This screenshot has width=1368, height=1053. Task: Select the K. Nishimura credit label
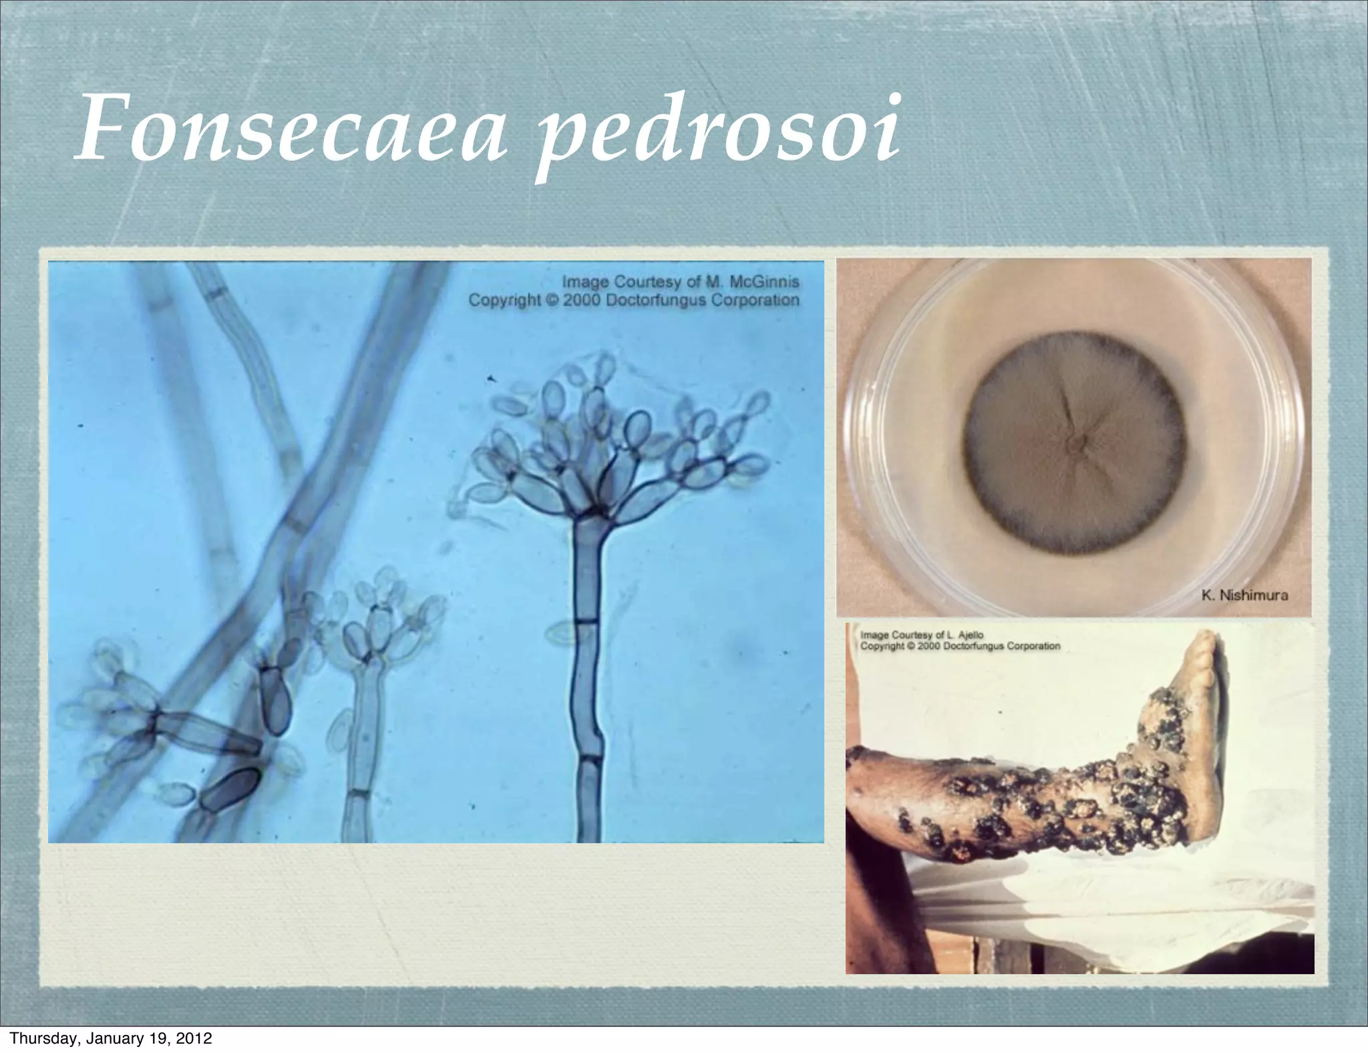[1244, 595]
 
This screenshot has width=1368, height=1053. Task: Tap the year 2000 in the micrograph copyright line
[582, 300]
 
